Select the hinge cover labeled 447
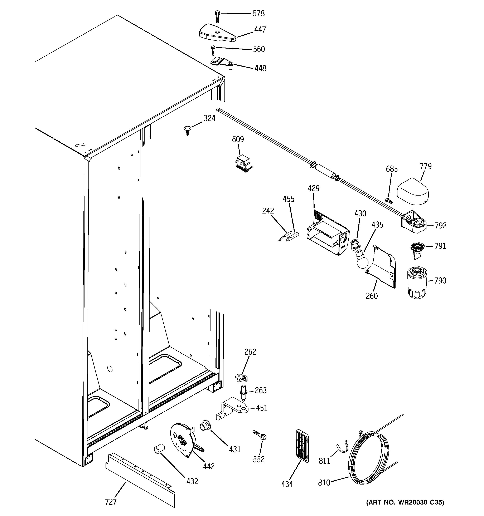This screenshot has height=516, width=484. [217, 33]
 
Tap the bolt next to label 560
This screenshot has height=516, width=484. [213, 50]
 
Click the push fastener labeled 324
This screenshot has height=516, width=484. [187, 129]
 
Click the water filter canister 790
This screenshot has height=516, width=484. [416, 284]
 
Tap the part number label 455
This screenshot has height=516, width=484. [288, 199]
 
